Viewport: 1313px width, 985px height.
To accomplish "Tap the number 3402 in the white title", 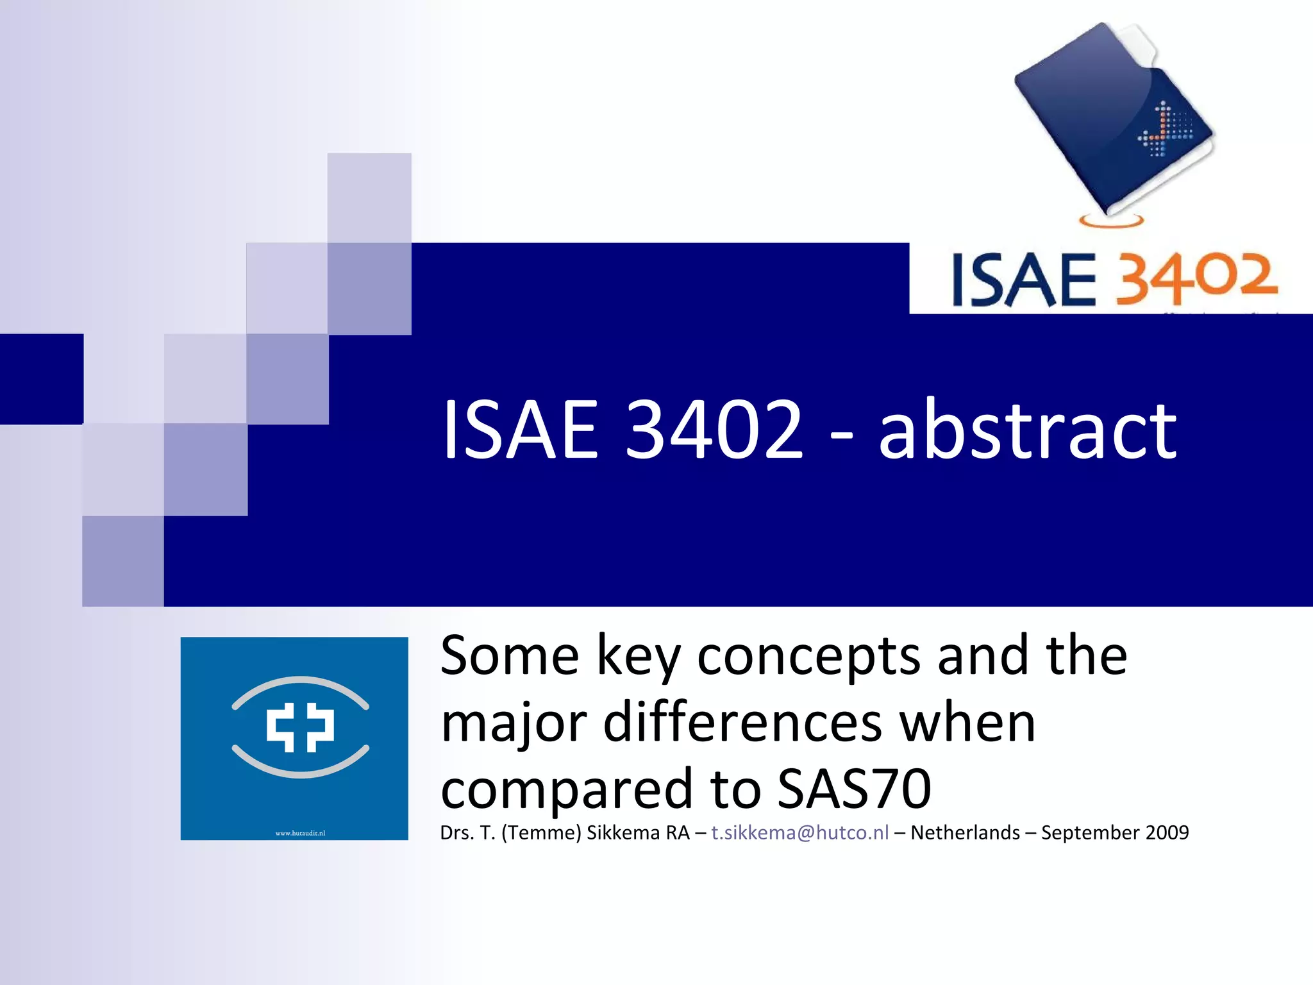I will pos(714,430).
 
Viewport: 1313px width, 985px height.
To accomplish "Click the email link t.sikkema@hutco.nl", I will pos(799,832).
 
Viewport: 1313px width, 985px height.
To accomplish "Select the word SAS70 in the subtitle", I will pos(854,789).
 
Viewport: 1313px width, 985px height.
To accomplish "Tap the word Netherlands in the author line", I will pos(965,832).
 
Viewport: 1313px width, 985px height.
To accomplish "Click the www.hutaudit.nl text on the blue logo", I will pos(300,833).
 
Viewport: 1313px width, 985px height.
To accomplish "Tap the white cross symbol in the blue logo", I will pos(300,727).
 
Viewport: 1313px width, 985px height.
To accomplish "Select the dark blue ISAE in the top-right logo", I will pos(1024,280).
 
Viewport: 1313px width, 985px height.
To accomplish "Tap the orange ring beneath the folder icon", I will pos(1111,221).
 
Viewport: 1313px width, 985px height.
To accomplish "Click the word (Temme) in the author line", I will pos(541,832).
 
